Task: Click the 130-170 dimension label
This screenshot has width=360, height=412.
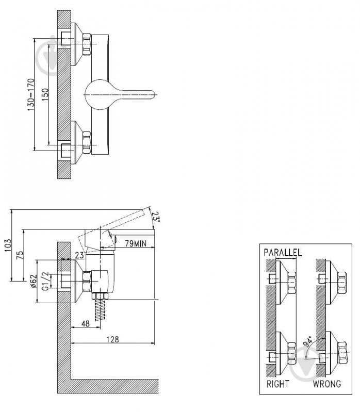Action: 31,94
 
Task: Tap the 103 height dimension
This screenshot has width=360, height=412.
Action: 8,245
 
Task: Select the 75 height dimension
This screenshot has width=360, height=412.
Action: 20,255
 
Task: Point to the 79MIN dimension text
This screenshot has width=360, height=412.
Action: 136,243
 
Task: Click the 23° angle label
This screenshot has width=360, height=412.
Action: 156,217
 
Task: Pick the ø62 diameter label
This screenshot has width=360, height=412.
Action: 34,282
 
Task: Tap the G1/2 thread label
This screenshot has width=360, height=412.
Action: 45,281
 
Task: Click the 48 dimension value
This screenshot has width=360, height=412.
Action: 86,324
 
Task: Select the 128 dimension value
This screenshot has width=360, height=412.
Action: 112,339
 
